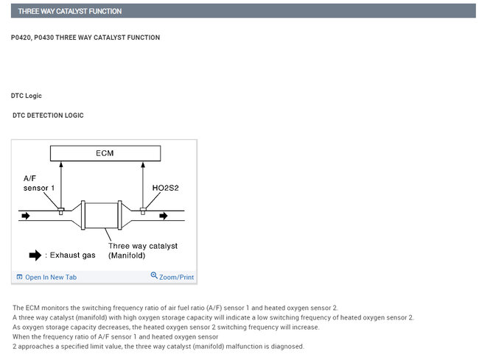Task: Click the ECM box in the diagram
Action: [x=105, y=154]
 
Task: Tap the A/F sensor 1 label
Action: [x=38, y=183]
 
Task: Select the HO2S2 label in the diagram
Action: [x=165, y=188]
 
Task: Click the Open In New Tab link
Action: [x=50, y=277]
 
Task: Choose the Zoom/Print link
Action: [x=176, y=277]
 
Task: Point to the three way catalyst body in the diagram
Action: [x=104, y=216]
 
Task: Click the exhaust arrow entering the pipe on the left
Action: [x=27, y=216]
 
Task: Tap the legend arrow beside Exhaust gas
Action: [x=35, y=255]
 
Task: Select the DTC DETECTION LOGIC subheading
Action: [x=48, y=116]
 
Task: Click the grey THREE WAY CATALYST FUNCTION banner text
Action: [x=70, y=11]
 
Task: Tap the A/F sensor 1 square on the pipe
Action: [x=61, y=211]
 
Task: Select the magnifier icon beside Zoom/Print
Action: [x=154, y=276]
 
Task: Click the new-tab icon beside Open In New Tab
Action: [x=19, y=277]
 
